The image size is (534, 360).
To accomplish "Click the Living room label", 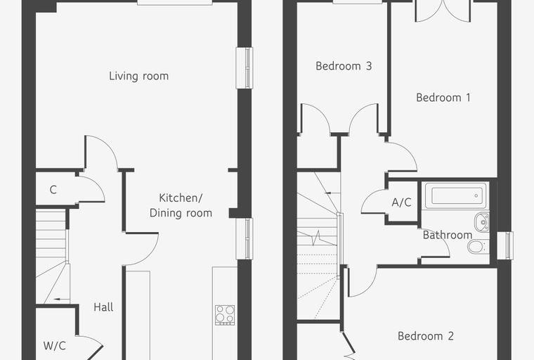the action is pos(139,76).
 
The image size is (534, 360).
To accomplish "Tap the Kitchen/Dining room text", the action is pos(181,205).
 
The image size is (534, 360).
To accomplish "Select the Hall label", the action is pos(103,307).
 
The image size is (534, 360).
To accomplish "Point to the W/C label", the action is pos(55,346).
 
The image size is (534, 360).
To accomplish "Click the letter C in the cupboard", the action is pos(53,190).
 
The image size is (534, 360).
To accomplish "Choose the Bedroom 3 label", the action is pos(344,66).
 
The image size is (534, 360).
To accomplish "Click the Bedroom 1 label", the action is pos(443,98).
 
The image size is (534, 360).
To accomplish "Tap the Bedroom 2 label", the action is pos(426,336).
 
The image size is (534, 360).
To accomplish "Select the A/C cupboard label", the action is pos(401,202).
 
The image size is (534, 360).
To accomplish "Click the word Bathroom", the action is pos(448,235).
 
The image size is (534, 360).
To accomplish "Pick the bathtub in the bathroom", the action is pos(456,195).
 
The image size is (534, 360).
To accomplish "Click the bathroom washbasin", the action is pos(481,221).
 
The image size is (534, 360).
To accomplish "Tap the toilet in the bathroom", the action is pos(478,246).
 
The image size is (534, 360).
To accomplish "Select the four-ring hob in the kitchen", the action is pos(225,315).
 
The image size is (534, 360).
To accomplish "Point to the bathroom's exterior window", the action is pos(505,245).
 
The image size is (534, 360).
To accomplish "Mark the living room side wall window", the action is pos(245,67).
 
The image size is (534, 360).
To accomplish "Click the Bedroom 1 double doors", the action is pos(443,11).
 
